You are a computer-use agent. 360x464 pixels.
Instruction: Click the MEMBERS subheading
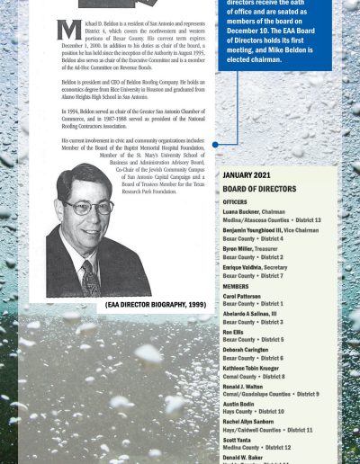tap(236, 285)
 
